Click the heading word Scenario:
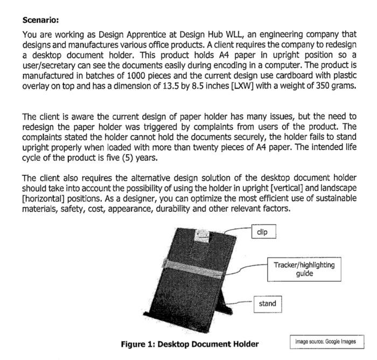pos(40,20)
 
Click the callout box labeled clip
pos(264,232)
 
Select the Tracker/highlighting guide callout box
pos(304,269)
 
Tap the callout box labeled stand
pos(267,304)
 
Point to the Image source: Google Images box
pos(325,341)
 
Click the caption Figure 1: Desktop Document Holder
pos(190,344)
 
